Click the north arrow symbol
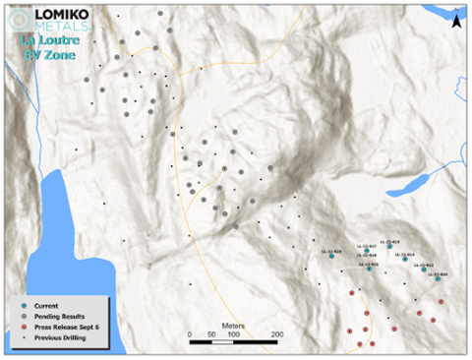point(460,17)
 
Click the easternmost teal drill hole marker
point(438,278)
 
